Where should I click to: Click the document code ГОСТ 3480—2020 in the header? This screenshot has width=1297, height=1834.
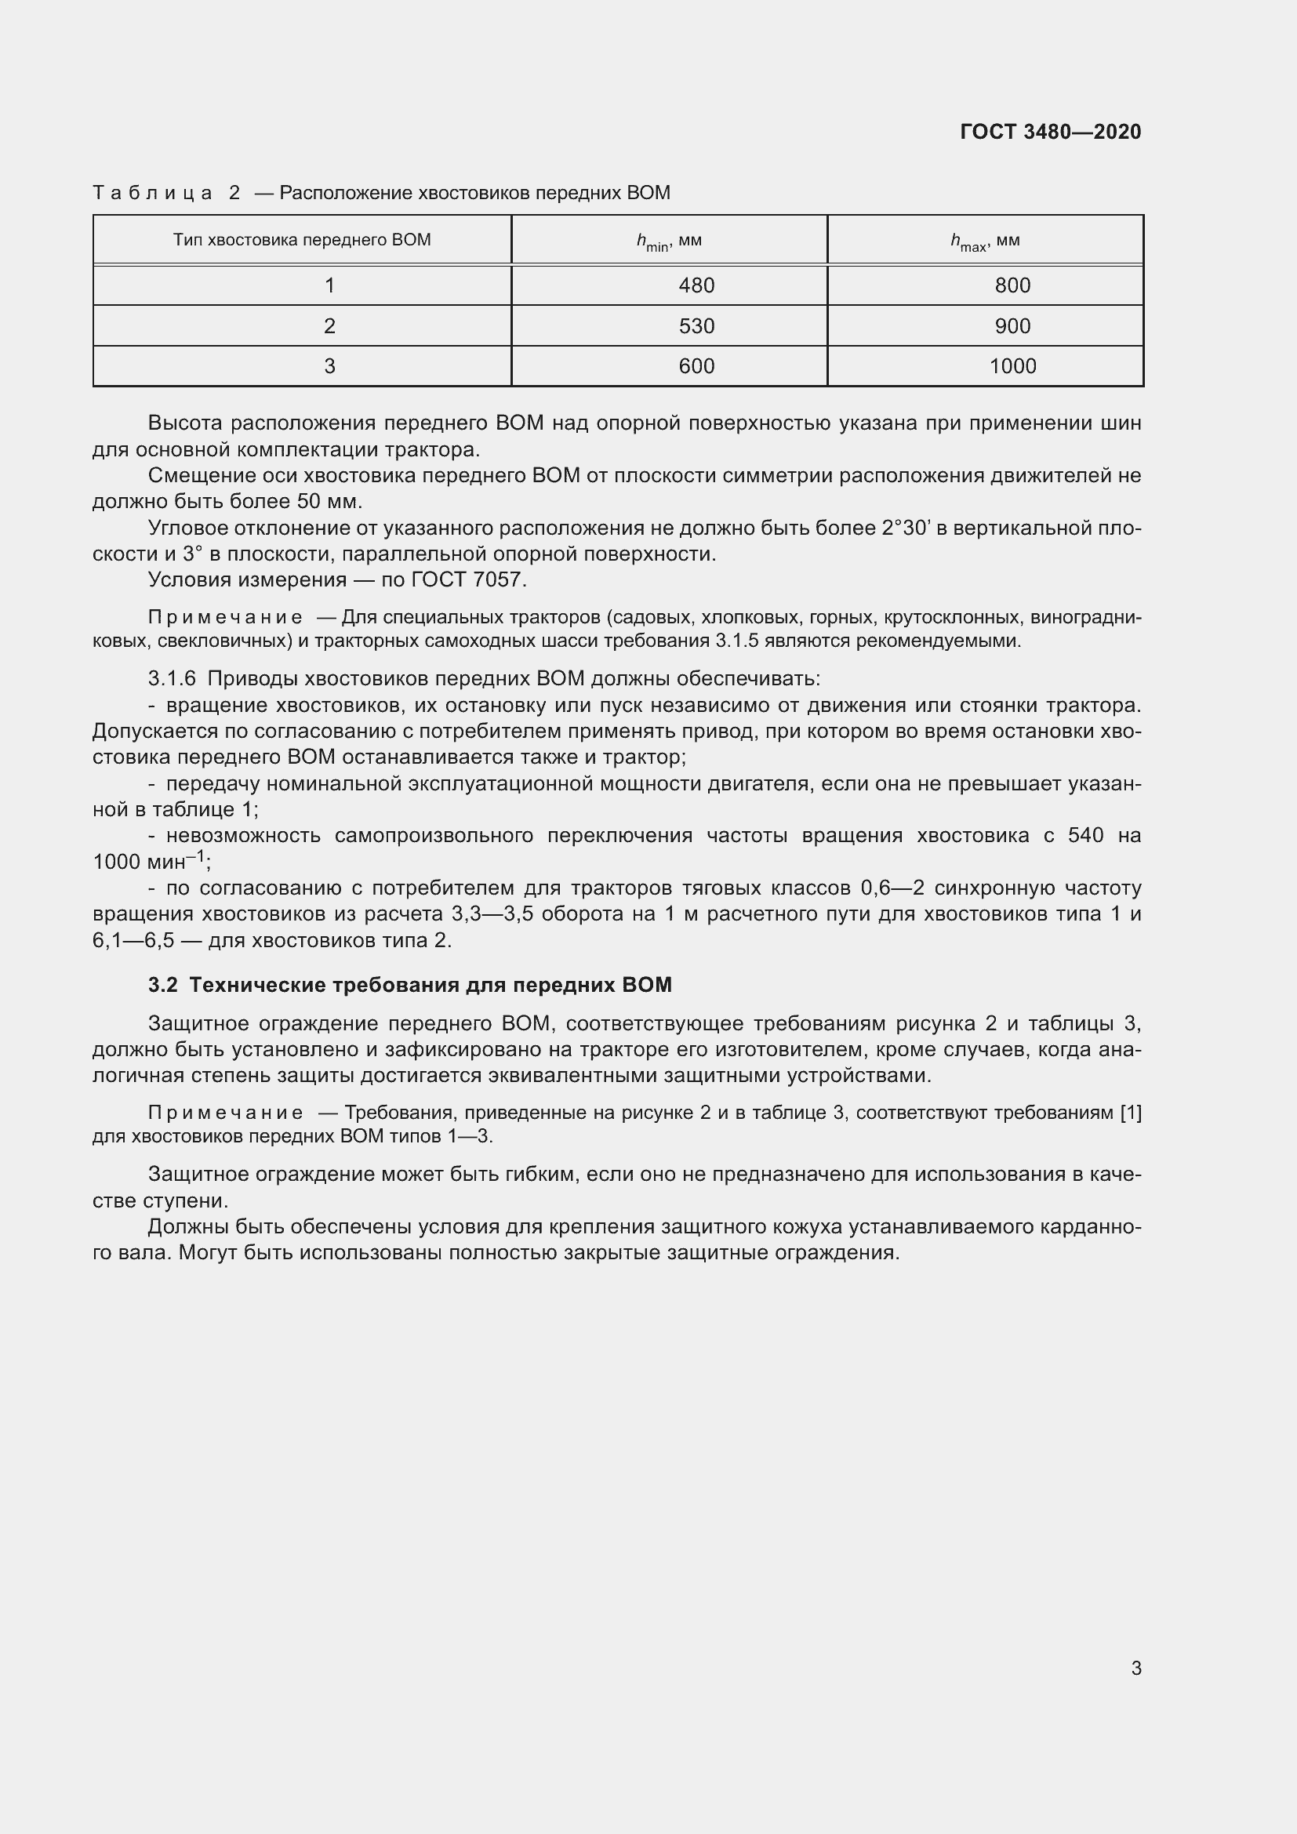pos(1050,132)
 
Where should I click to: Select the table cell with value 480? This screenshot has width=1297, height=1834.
pos(696,285)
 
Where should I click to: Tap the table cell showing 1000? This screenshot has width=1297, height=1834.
pos(1012,366)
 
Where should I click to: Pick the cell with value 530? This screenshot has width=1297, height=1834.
pos(696,326)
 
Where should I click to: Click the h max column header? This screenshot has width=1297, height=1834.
pos(985,242)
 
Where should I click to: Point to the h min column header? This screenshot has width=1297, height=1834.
pos(668,242)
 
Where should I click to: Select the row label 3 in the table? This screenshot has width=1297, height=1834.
pos(329,366)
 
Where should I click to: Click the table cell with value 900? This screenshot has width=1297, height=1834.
pos(1012,326)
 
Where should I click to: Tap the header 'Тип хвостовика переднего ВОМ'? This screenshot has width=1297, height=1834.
pos(302,240)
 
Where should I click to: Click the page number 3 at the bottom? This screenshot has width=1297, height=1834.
pos(1135,1668)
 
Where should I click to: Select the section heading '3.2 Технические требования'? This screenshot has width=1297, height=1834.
pos(409,985)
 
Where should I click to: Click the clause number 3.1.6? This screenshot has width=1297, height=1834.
pos(172,679)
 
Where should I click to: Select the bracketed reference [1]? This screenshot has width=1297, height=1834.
pos(1130,1113)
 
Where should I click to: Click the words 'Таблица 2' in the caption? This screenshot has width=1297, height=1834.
pos(166,193)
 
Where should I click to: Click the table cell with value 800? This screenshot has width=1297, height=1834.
pos(1012,285)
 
